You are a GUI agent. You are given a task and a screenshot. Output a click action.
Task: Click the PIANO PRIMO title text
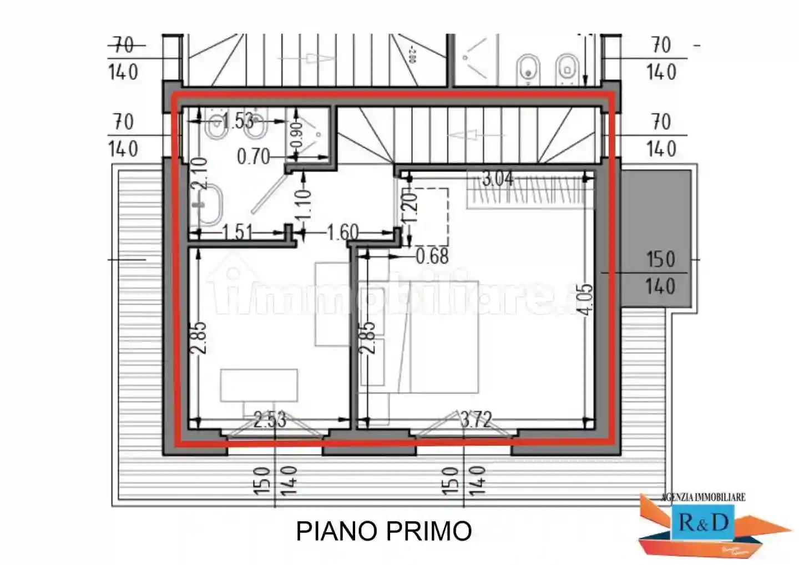coord(383,531)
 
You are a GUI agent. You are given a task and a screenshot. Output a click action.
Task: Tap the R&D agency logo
coord(702,523)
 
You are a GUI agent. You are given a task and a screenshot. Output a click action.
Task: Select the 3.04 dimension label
coord(497,179)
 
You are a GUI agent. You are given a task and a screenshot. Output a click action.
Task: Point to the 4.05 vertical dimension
coord(586,299)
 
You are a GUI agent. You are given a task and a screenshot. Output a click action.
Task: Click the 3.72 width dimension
coord(476,419)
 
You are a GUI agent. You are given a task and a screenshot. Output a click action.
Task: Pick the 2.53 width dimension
coord(270,420)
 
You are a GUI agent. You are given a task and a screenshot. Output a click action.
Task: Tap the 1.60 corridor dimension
coord(342,232)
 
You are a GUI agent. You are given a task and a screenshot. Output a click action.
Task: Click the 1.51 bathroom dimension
coord(237,232)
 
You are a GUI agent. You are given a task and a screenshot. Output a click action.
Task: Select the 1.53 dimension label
coord(238,120)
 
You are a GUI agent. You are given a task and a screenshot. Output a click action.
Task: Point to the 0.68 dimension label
coord(432,256)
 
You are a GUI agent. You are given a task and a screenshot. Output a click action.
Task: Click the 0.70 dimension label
coord(253,157)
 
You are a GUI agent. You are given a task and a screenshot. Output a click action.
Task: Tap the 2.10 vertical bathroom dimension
coord(199,173)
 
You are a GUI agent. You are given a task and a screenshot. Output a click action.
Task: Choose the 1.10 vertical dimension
coord(304,204)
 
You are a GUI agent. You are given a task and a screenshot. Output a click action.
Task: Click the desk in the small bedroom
coord(259,385)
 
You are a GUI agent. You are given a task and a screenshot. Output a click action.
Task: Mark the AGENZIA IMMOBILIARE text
coord(703,497)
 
